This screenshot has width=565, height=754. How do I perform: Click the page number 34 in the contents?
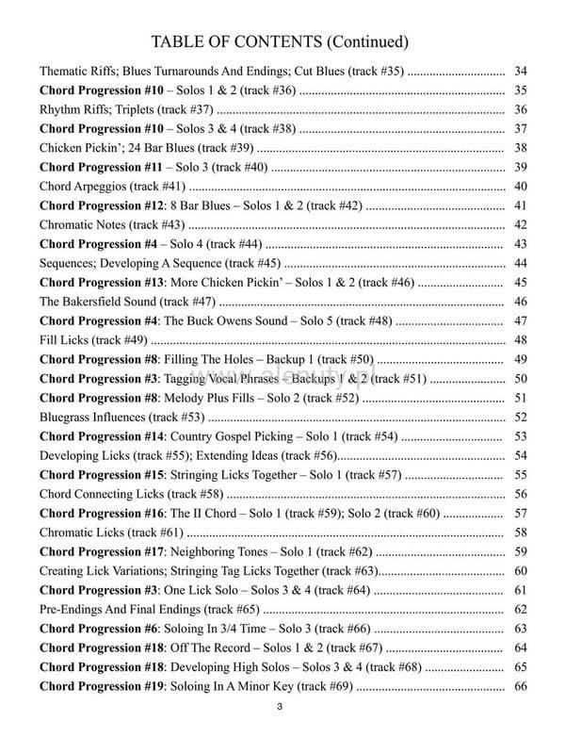click(x=521, y=71)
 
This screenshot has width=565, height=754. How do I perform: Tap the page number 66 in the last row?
click(x=521, y=686)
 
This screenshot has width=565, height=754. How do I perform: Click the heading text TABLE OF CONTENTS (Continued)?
click(x=281, y=41)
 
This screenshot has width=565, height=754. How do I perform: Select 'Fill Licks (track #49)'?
click(x=93, y=340)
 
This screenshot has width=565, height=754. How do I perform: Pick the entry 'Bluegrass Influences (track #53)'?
click(x=121, y=417)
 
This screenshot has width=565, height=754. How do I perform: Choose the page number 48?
click(x=521, y=340)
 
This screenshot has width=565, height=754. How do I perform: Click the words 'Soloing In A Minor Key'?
click(x=234, y=686)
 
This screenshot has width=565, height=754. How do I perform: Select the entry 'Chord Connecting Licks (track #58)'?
click(x=132, y=494)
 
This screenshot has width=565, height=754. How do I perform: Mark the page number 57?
click(x=521, y=513)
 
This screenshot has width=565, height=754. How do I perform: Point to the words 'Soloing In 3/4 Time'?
click(x=222, y=629)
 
